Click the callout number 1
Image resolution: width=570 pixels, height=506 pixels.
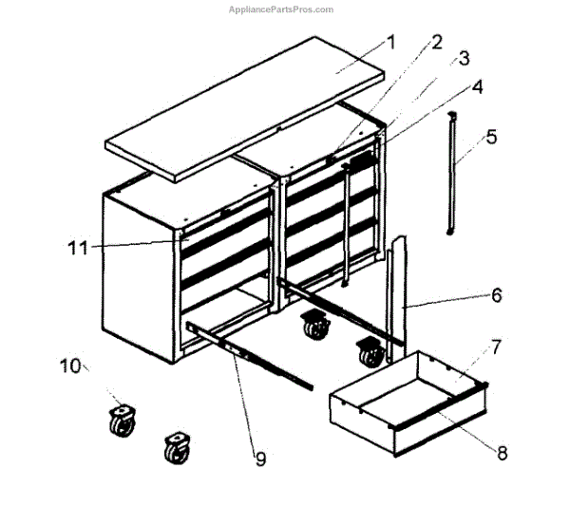click(390, 43)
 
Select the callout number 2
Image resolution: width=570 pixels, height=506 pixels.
click(436, 42)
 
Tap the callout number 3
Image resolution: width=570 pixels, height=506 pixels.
click(463, 60)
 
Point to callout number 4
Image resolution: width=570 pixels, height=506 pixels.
click(477, 87)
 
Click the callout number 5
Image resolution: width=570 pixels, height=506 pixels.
click(490, 136)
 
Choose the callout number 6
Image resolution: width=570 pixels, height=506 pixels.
click(495, 296)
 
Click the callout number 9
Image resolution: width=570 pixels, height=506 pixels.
click(260, 459)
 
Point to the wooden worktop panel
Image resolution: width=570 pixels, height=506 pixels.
click(247, 104)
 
